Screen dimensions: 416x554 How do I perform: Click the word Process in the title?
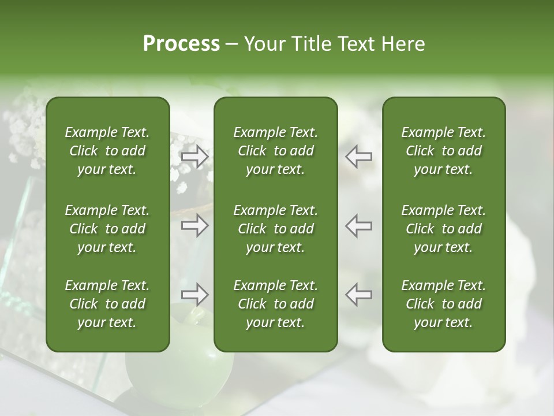181,43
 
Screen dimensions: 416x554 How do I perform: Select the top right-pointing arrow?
195,157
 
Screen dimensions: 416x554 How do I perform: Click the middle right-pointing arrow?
195,225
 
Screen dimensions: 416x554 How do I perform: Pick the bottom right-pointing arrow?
195,295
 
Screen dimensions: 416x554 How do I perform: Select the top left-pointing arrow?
359,157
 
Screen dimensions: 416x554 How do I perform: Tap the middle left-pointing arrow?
359,225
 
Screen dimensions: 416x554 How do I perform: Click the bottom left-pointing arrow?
359,295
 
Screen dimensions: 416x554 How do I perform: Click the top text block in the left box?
107,151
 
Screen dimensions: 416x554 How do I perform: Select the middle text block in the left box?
107,229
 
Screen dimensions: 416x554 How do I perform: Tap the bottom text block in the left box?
107,304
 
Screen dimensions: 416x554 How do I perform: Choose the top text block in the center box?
275,151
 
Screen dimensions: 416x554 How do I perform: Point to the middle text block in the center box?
275,229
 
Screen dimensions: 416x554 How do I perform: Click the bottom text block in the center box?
275,304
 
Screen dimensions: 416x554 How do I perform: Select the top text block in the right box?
443,151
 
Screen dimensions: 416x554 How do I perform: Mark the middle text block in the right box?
443,229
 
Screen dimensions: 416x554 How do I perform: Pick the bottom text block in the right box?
443,304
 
